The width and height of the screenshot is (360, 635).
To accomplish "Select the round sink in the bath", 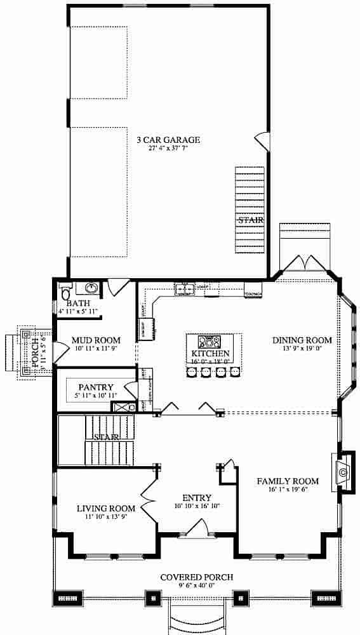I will tap(91, 290).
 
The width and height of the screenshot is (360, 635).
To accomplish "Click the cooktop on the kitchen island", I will tap(210, 341).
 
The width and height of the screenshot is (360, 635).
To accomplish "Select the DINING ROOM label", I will tap(302, 340).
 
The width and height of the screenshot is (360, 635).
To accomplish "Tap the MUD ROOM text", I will tap(92, 340).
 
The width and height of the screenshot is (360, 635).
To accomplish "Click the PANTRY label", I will tap(96, 387).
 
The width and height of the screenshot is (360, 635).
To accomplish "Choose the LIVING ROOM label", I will tap(106, 508).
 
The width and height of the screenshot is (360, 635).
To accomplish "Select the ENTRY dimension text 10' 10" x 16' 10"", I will tap(197, 506).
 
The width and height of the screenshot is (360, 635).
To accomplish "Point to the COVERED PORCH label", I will tap(196, 577).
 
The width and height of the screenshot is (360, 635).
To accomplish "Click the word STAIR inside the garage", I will tap(250, 220).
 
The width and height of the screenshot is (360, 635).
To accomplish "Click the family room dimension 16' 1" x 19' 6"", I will tap(288, 490).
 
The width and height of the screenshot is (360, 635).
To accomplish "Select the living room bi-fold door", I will tap(148, 501).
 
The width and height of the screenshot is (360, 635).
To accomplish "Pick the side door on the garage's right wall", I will tap(261, 140).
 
